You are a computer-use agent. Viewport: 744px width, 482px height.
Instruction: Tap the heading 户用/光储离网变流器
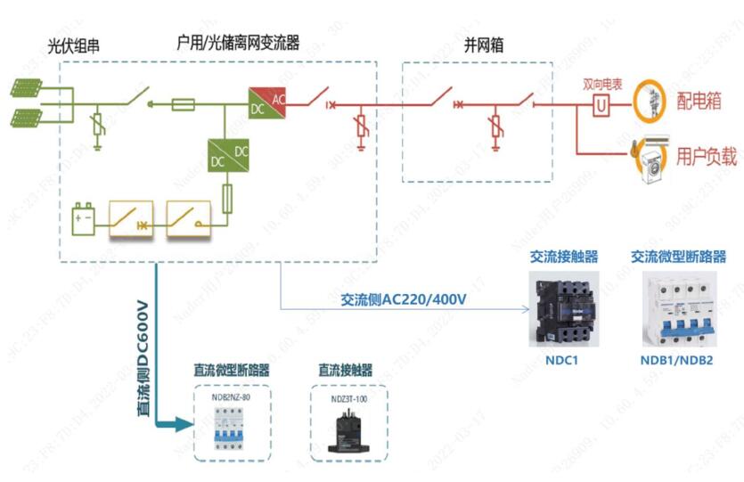coord(238,42)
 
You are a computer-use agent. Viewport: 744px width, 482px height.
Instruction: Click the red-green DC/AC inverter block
coord(268,104)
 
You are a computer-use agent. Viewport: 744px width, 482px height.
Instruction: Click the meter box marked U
coord(601,106)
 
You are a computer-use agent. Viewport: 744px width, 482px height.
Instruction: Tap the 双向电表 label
coord(602,84)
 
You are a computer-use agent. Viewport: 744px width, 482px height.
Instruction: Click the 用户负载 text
coord(707,157)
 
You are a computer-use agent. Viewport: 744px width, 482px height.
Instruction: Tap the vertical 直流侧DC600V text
coord(142,355)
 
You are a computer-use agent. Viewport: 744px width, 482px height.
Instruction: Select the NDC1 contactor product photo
coord(562,307)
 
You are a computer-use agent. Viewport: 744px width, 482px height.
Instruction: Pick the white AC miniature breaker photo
coord(680,307)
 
